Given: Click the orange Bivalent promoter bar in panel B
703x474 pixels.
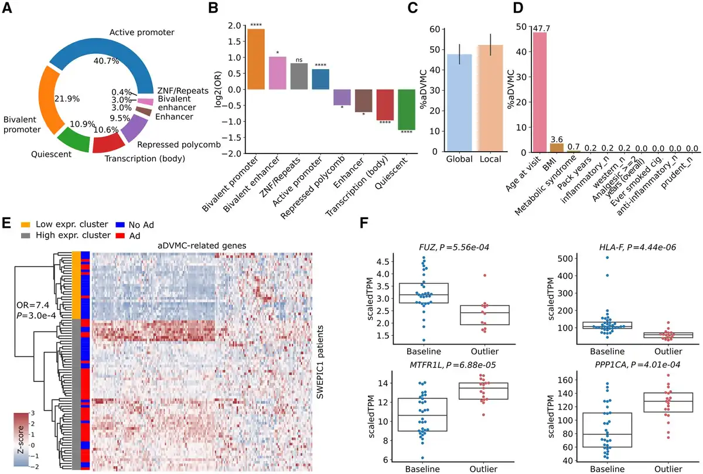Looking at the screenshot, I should click(x=256, y=59).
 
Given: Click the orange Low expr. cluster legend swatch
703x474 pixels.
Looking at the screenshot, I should click(x=26, y=224).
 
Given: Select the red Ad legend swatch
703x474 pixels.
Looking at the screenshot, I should click(x=120, y=236).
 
